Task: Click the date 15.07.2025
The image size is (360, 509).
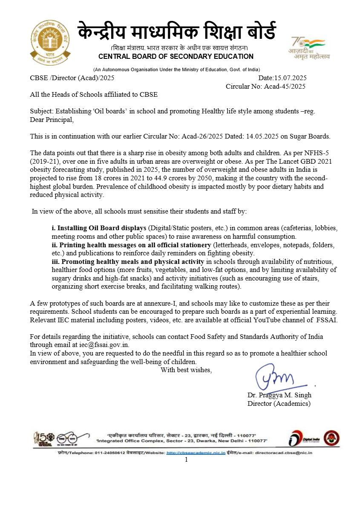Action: point(291,78)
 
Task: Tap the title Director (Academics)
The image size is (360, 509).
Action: point(279,403)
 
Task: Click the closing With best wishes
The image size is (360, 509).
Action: point(186,370)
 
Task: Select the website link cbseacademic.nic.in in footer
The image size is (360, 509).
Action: point(196,452)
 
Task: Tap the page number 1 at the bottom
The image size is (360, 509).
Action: point(186,460)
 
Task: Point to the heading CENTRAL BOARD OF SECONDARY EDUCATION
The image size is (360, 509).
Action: point(176,57)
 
